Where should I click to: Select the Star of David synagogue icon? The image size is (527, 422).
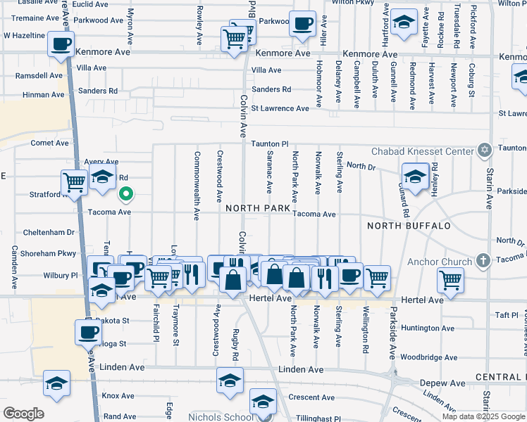pyautogui.click(x=484, y=151)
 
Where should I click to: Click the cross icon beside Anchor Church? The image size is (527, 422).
pyautogui.click(x=483, y=262)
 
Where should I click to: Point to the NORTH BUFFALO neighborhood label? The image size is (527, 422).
pyautogui.click(x=409, y=226)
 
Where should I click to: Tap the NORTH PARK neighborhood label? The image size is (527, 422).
pyautogui.click(x=258, y=209)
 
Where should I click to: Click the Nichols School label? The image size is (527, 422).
pyautogui.click(x=220, y=416)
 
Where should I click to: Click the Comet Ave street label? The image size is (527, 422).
pyautogui.click(x=49, y=143)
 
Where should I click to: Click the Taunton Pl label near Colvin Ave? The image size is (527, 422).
pyautogui.click(x=270, y=143)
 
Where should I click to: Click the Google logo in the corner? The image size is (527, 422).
pyautogui.click(x=23, y=414)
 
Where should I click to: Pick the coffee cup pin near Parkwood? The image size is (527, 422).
pyautogui.click(x=302, y=24)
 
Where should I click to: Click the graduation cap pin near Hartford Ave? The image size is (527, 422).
pyautogui.click(x=404, y=23)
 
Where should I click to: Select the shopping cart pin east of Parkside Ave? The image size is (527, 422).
pyautogui.click(x=450, y=280)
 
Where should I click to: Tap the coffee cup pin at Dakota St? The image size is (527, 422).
pyautogui.click(x=89, y=332)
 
